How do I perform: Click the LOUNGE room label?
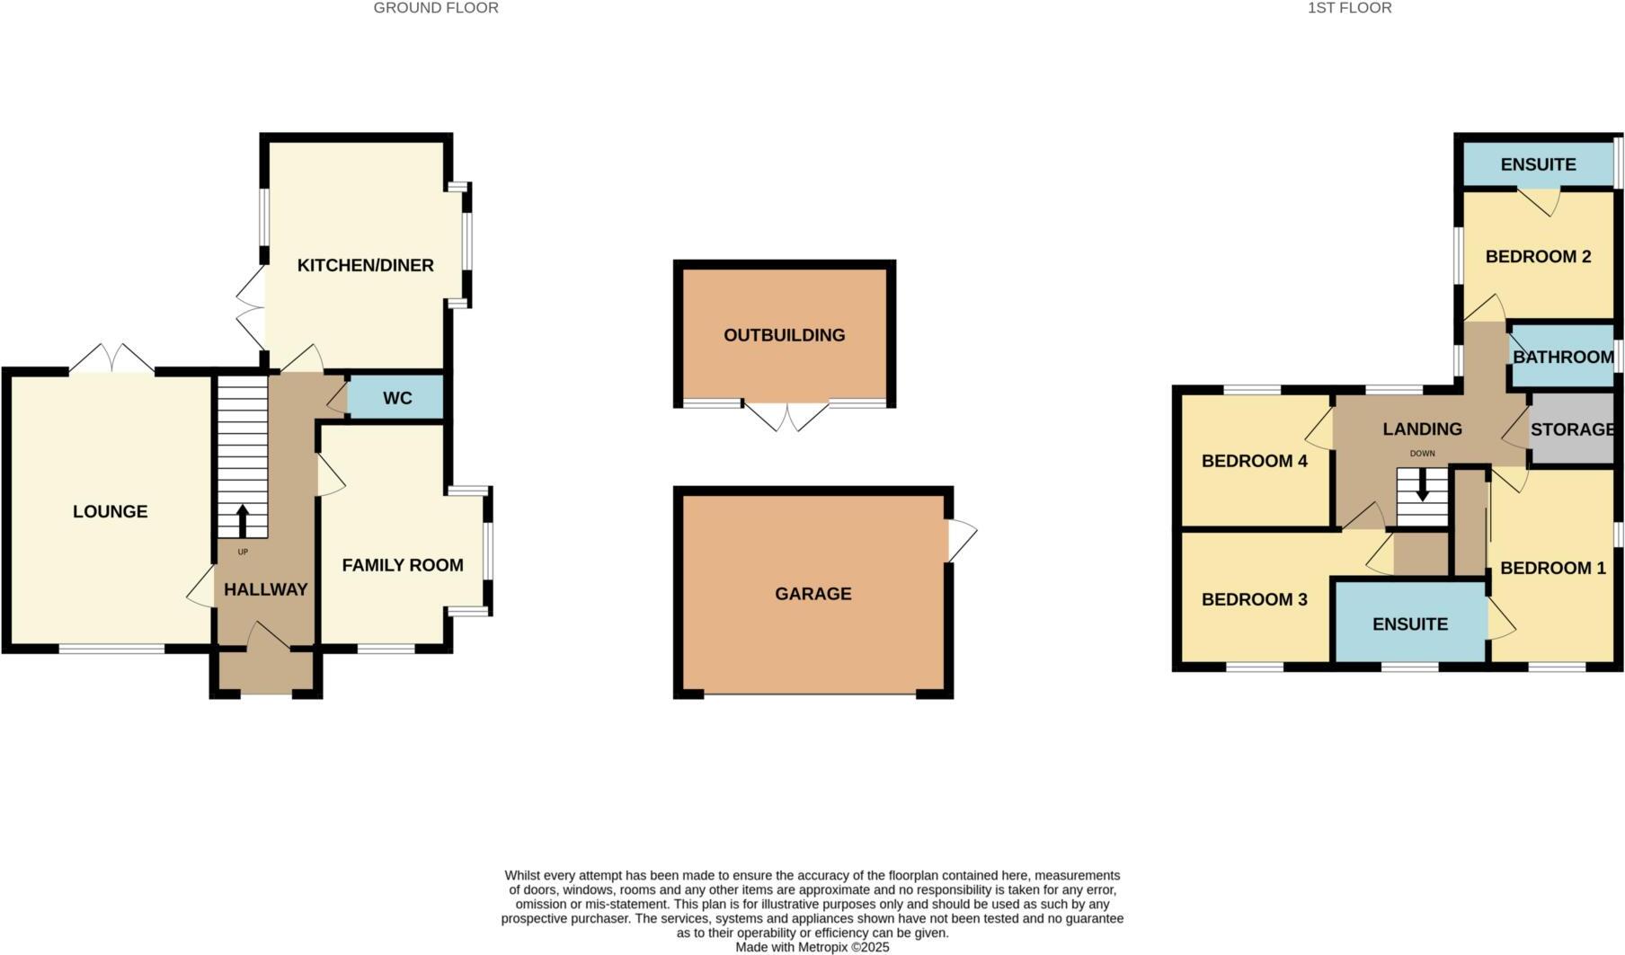click(x=110, y=511)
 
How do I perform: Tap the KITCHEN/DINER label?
click(x=365, y=265)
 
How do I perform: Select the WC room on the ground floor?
click(x=397, y=397)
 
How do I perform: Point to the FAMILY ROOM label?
click(x=403, y=565)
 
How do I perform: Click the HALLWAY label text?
click(x=265, y=589)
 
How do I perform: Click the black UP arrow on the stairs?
click(x=242, y=520)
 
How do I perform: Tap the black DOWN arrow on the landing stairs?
click(x=1422, y=485)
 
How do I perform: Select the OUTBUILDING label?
click(x=784, y=335)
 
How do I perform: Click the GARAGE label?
click(x=812, y=594)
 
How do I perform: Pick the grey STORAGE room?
click(x=1572, y=429)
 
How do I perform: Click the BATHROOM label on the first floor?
click(x=1563, y=357)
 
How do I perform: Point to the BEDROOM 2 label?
click(x=1538, y=257)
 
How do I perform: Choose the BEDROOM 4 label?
click(x=1254, y=461)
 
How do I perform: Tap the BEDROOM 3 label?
click(x=1254, y=599)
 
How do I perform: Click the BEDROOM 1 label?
click(x=1552, y=568)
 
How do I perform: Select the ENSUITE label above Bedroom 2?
click(x=1538, y=164)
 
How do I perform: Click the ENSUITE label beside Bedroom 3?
click(x=1409, y=624)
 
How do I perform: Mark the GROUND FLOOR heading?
click(x=436, y=8)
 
